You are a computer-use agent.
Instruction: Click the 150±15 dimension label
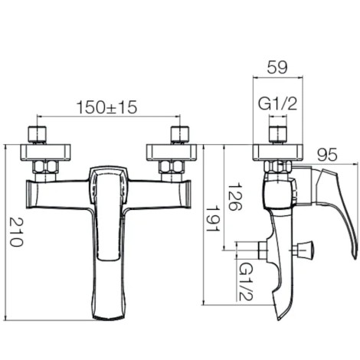point(106,107)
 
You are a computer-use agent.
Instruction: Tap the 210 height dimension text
point(16,231)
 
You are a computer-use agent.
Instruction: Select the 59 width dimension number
point(277,67)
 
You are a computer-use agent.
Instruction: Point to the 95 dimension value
point(327,155)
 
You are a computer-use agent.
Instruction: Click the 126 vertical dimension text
point(234,196)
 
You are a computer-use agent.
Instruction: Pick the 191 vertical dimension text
point(212,218)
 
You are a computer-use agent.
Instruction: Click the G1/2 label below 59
point(278,104)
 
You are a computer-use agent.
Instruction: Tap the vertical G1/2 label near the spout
point(246,282)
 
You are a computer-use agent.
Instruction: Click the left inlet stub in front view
point(38,134)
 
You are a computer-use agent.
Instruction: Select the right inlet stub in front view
point(180,134)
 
